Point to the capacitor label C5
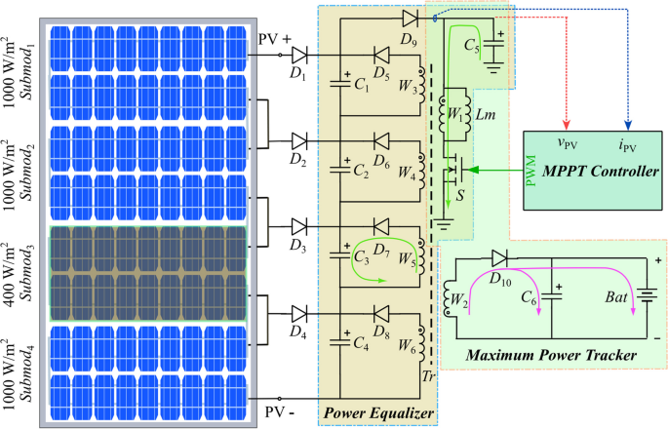tap(472, 45)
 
